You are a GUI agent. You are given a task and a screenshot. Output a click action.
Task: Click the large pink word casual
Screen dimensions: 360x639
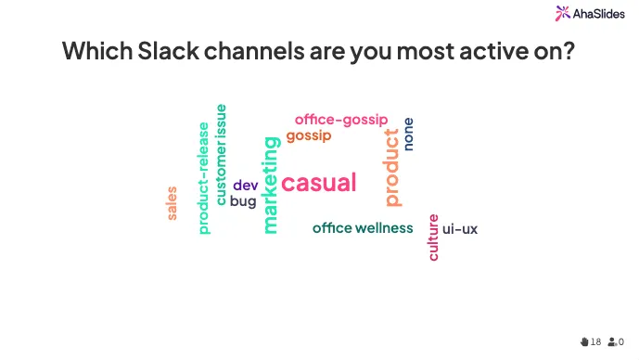point(318,183)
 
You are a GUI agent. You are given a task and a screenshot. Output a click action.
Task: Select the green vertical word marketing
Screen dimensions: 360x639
point(270,185)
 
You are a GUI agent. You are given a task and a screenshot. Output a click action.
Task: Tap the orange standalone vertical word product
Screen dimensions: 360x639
point(392,167)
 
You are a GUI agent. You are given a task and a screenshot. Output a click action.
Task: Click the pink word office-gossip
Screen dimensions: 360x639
point(341,119)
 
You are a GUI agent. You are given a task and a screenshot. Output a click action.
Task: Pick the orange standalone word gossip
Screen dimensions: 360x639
point(308,135)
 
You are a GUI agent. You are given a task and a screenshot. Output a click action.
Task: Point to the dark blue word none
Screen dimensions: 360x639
point(409,134)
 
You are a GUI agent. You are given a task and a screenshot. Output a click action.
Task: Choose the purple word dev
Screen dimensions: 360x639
point(245,185)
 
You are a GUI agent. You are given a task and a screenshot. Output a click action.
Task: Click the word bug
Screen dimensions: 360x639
point(243,200)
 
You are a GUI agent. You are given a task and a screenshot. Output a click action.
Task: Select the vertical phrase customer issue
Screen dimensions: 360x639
point(221,154)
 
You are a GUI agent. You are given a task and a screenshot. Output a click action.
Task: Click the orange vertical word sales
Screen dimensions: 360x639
point(172,203)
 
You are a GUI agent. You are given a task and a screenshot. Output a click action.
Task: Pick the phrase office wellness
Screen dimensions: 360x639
point(363,227)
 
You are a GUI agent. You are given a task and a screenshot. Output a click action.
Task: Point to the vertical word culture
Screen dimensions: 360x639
point(433,237)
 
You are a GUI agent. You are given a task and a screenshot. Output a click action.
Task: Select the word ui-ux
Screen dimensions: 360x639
point(460,228)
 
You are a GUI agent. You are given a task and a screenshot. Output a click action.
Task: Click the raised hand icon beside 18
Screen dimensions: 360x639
point(584,341)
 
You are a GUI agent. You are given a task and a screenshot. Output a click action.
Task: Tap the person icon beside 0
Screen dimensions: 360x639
point(612,341)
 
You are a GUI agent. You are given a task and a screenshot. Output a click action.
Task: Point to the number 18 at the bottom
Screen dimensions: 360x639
point(595,341)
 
